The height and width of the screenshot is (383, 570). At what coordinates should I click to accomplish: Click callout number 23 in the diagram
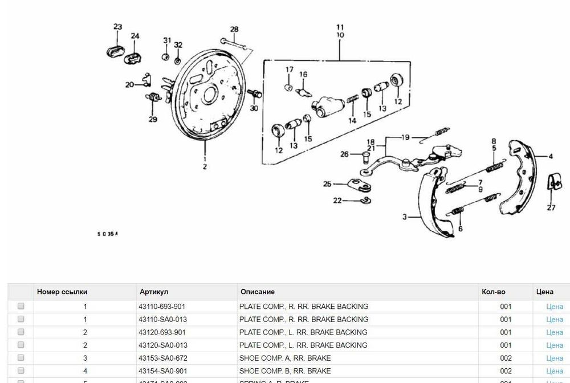(x=117, y=27)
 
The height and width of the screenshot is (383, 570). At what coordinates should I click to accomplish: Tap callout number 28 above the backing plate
(x=234, y=30)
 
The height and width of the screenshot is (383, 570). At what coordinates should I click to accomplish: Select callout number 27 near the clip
(x=551, y=207)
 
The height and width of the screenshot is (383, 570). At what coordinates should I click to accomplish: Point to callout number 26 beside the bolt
(x=344, y=154)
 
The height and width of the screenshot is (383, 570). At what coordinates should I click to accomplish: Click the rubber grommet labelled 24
(x=134, y=57)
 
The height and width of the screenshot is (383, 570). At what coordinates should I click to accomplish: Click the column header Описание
(x=258, y=292)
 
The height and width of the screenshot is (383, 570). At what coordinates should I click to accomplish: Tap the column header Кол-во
(x=493, y=292)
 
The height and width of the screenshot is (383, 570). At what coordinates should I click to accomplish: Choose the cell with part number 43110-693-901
(x=162, y=307)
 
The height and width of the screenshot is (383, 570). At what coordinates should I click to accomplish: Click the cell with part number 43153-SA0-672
(x=162, y=358)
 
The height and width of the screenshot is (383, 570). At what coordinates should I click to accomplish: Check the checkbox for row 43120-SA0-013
(x=21, y=345)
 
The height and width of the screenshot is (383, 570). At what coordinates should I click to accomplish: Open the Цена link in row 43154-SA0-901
(x=554, y=372)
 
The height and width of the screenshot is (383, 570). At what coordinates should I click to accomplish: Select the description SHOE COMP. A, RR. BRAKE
(x=285, y=358)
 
